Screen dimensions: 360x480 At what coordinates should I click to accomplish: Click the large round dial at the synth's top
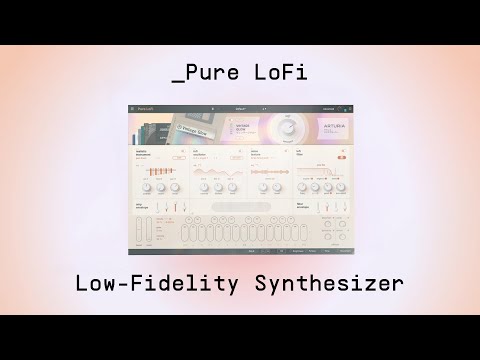point(289,127)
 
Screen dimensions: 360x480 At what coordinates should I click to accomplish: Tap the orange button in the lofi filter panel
point(341,155)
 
